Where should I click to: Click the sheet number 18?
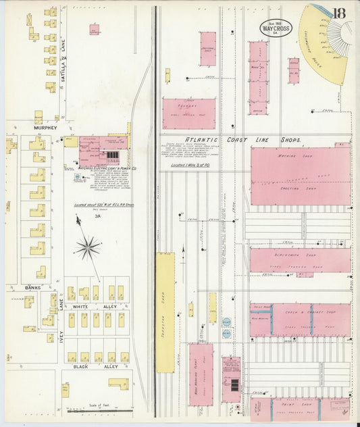(x=339, y=13)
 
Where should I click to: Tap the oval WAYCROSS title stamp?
(x=277, y=28)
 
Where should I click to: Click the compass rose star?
(x=87, y=249)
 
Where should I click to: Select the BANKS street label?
(x=33, y=287)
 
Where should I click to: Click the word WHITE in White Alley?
(x=80, y=306)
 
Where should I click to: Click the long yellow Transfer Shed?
(x=165, y=313)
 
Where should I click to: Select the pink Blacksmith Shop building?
(x=299, y=260)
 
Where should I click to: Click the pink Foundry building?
(x=188, y=114)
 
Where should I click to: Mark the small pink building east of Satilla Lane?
(x=94, y=30)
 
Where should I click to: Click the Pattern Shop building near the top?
(x=208, y=49)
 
